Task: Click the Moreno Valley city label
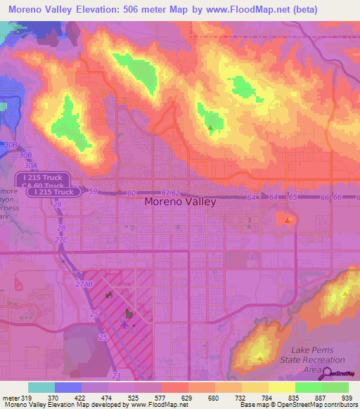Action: click(180, 201)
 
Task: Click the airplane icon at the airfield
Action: click(125, 325)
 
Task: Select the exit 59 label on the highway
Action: click(91, 190)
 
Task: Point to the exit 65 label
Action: click(293, 198)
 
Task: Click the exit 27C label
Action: click(62, 240)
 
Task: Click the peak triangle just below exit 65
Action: click(288, 221)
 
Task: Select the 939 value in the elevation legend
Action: click(348, 398)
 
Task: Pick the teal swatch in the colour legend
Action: click(41, 387)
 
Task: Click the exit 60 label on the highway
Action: click(131, 192)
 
